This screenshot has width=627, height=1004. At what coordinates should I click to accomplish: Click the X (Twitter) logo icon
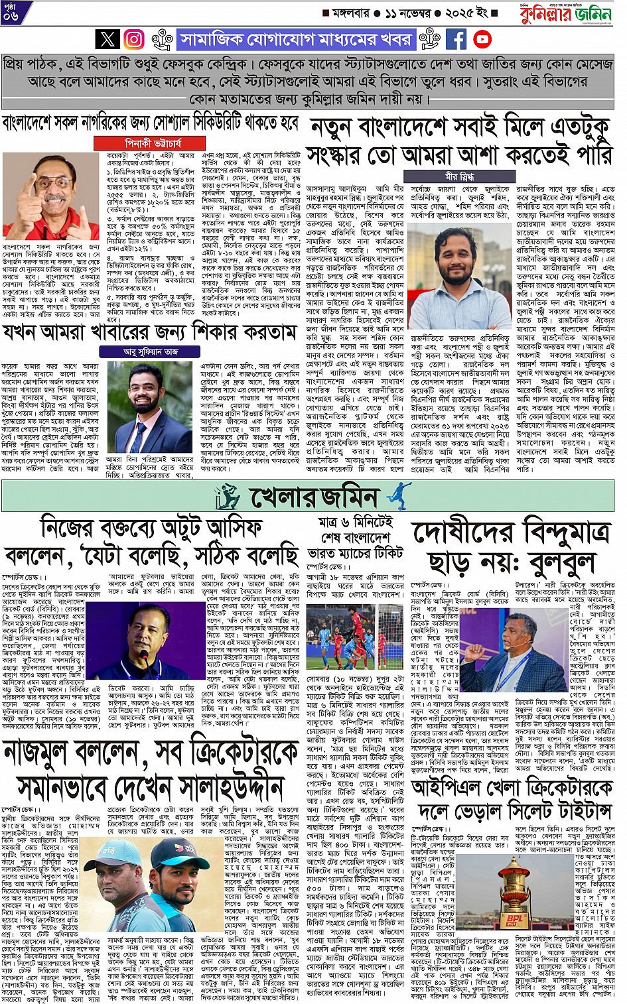tap(107, 40)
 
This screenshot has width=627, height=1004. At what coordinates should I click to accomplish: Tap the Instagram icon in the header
tap(134, 40)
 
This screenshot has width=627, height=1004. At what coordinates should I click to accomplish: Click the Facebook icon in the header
tap(456, 40)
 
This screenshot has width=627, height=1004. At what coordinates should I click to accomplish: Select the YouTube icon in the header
tap(482, 40)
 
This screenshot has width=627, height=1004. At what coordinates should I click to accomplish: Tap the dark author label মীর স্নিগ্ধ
tap(460, 177)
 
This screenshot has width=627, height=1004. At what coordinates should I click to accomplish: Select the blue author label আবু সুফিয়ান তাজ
tap(151, 351)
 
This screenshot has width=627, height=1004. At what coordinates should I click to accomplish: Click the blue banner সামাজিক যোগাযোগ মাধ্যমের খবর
tap(295, 40)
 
